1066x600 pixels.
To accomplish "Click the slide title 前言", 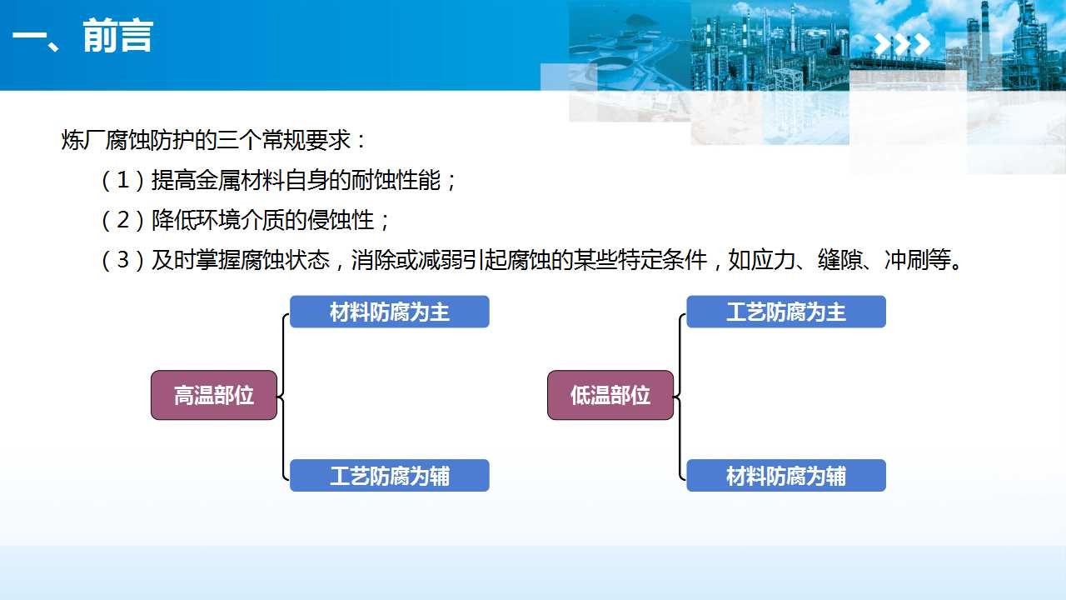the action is point(118,36).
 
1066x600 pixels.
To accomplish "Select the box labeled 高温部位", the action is point(214,395).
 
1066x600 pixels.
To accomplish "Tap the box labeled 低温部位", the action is point(610,395).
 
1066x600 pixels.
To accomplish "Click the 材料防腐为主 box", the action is point(389,312).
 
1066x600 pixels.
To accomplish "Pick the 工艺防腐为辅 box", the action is point(389,475).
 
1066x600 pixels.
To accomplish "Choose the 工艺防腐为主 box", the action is point(785,312).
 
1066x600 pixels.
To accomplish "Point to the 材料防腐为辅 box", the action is point(785,475).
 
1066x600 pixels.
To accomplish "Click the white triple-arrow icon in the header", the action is point(902,44).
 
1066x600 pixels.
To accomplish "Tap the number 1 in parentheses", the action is point(122,181).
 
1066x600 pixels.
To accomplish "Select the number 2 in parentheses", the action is point(122,220).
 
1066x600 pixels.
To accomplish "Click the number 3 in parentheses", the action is point(122,260).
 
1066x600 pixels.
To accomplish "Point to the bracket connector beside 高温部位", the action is point(283,396).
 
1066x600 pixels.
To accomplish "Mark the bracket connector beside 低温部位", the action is point(680,396).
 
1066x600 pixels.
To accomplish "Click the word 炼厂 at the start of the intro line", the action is point(83,140).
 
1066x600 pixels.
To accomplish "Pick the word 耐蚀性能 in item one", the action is point(396,181).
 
